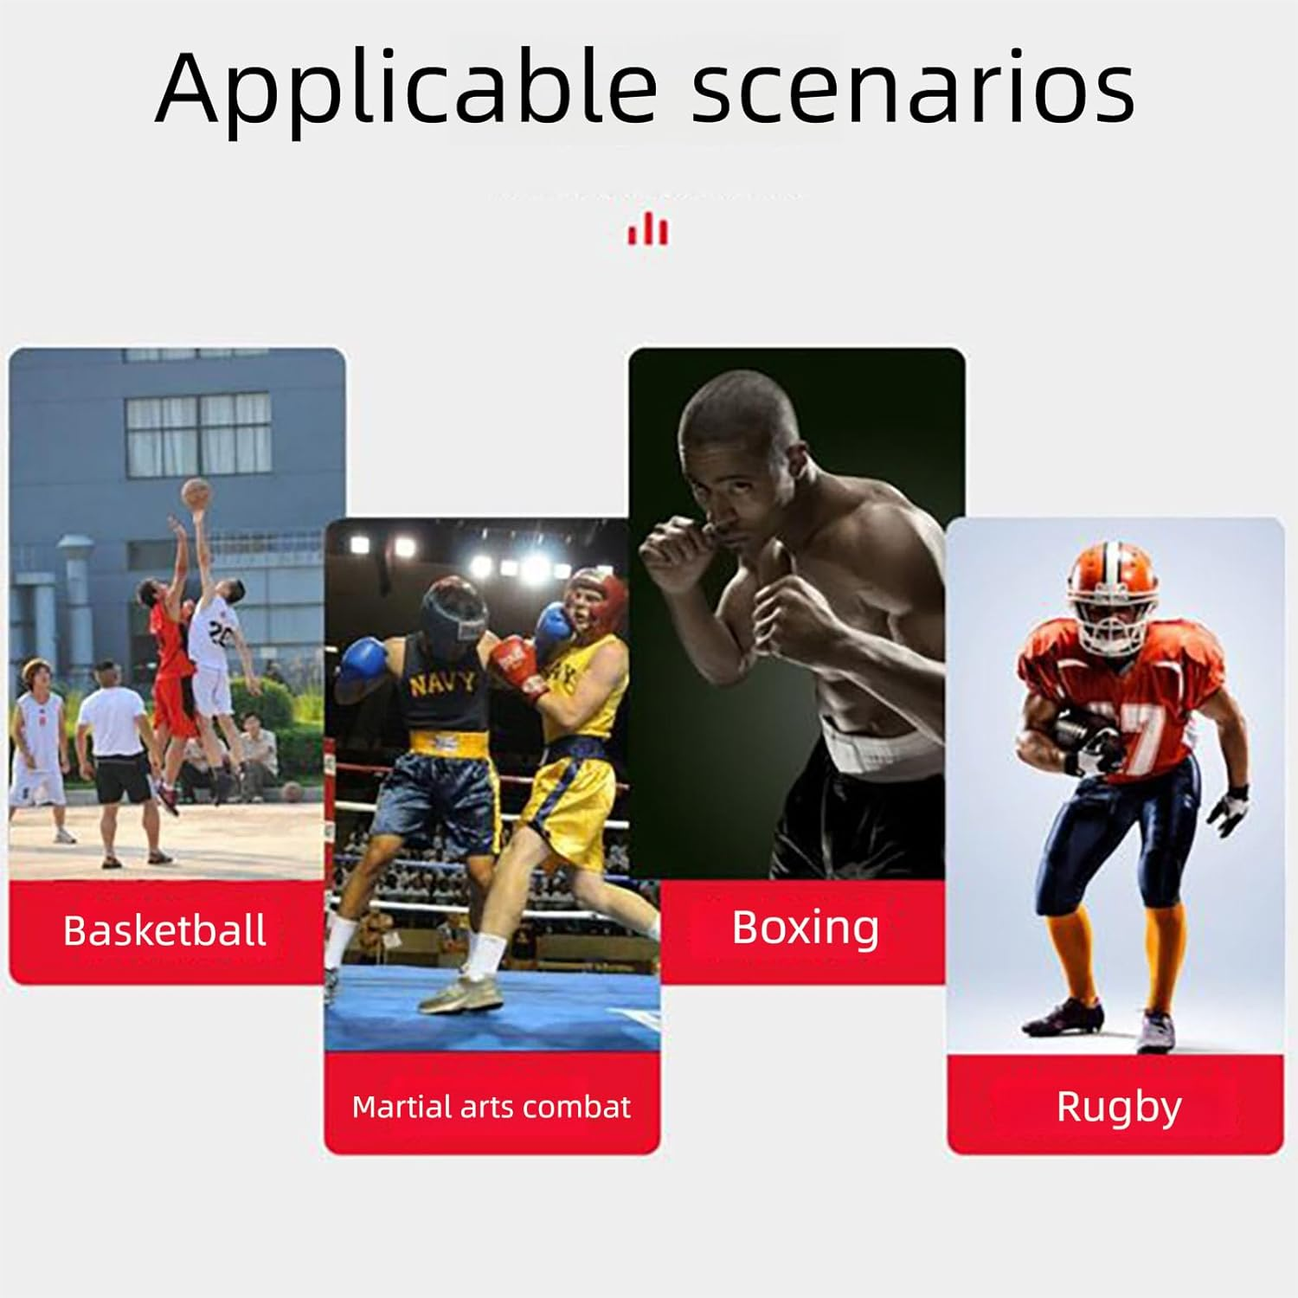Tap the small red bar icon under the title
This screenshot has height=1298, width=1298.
648,229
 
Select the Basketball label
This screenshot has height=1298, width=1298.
164,931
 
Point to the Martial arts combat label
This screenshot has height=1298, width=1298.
492,1107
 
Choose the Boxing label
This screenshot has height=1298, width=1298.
806,929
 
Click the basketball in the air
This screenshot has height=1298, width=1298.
196,493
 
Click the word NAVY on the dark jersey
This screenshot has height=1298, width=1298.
442,684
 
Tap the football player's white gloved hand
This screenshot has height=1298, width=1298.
1229,810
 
